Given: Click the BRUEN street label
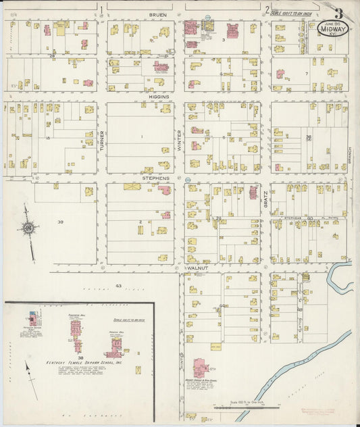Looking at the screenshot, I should click(158, 14).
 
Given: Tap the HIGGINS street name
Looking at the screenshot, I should click(159, 97).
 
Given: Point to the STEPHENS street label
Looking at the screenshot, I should click(155, 178).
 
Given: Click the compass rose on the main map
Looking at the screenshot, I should click(28, 230).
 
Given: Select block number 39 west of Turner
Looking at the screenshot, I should click(60, 222).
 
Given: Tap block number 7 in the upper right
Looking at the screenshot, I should click(306, 73).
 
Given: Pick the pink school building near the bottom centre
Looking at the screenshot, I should click(202, 368).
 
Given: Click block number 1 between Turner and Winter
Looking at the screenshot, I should click(142, 137).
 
